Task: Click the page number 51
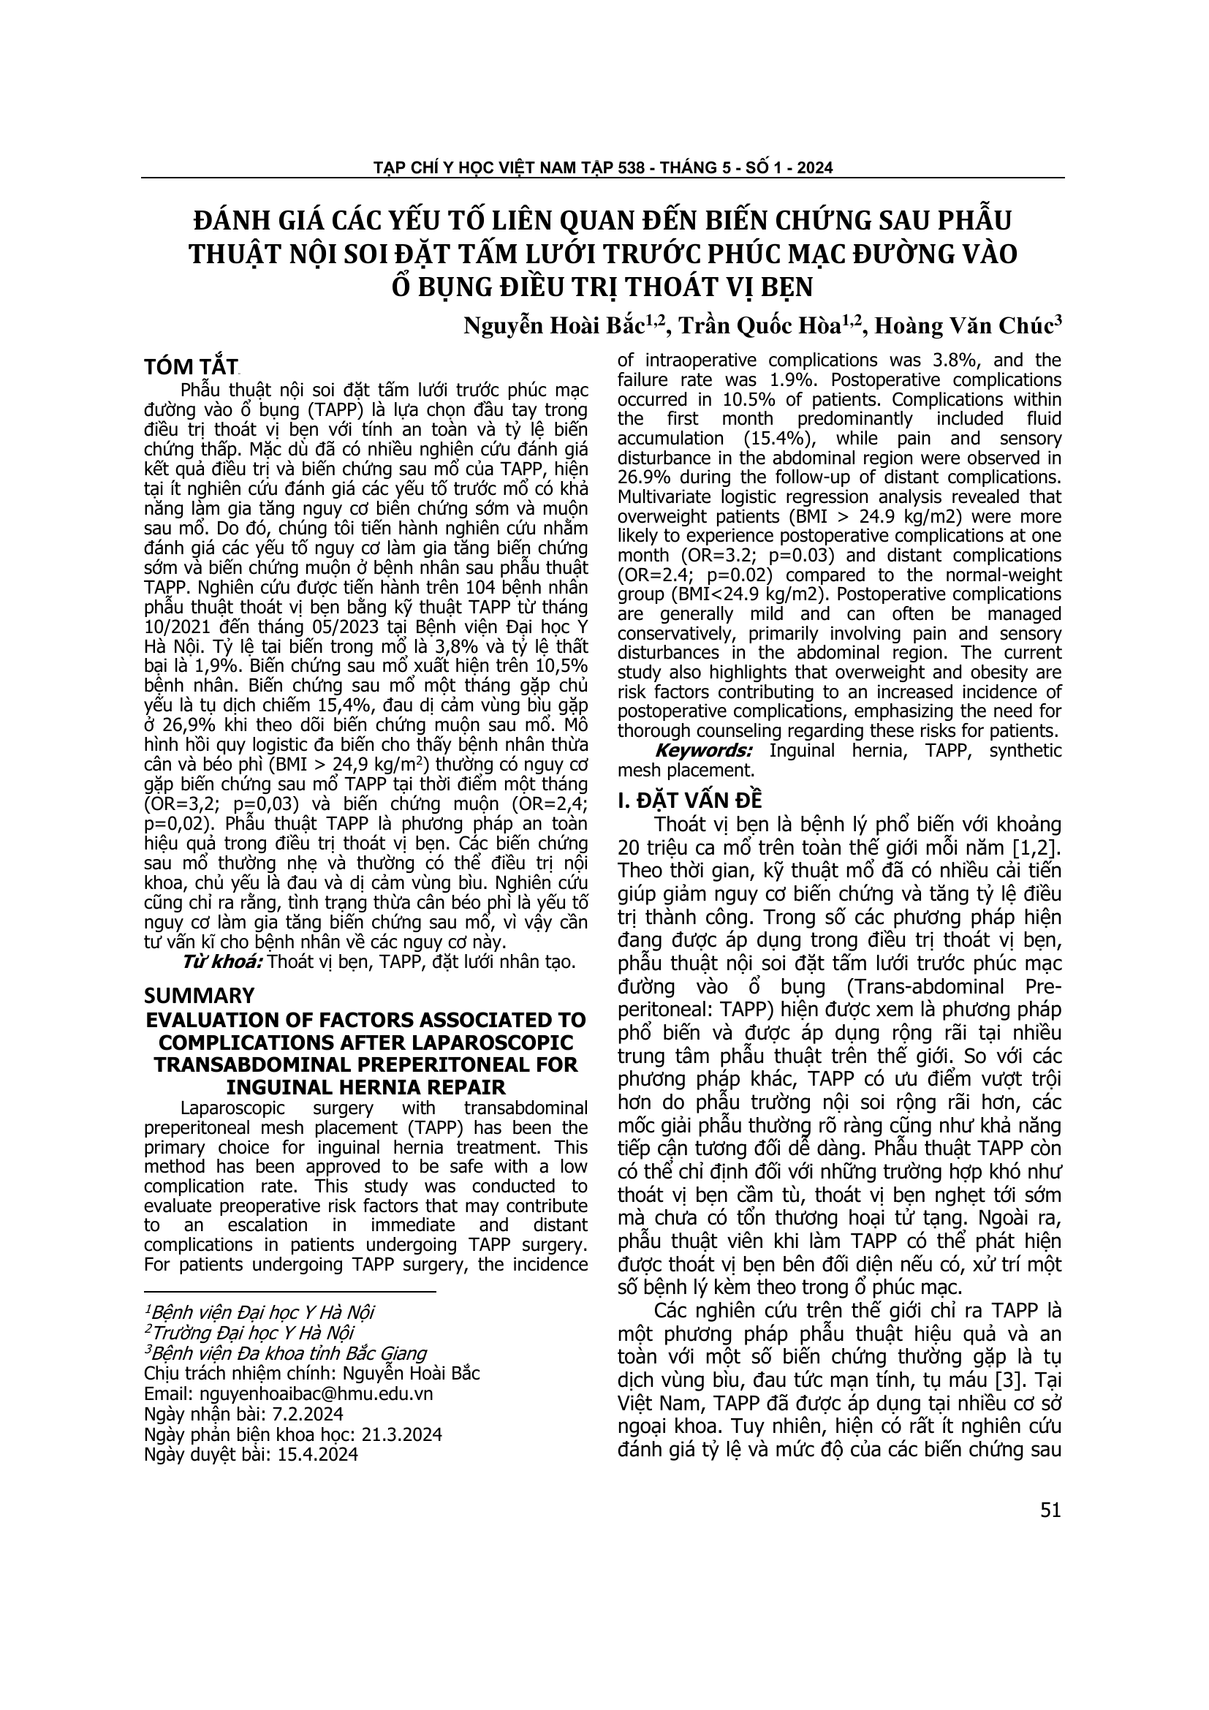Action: [1050, 1510]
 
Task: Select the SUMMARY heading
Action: [199, 996]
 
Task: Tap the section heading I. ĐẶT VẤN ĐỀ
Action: [690, 800]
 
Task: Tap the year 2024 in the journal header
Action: [814, 167]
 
